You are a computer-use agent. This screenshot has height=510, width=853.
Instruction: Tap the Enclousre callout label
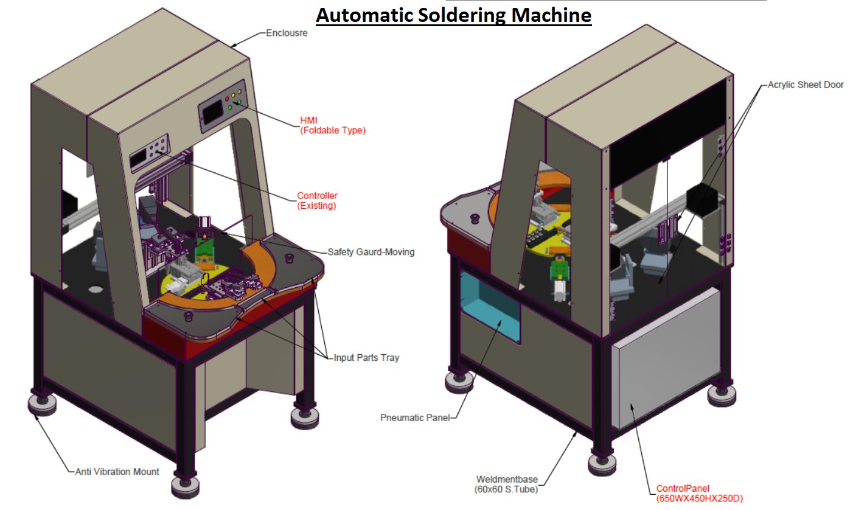point(287,33)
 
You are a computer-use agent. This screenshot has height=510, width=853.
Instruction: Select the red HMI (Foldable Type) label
point(332,125)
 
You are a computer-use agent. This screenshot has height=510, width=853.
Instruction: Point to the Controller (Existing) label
point(317,201)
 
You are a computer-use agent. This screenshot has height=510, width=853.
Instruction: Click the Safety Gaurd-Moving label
point(371,251)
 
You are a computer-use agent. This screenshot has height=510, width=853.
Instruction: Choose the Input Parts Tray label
point(366,357)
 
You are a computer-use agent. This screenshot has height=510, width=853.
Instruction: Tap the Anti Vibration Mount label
point(117,471)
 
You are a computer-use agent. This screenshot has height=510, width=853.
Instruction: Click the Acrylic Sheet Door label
point(805,85)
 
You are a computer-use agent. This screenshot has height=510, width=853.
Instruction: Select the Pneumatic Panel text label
point(416,417)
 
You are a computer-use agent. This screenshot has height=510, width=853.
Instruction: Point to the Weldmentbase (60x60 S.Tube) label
point(506,484)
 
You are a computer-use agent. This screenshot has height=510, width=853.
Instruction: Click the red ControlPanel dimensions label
point(699,494)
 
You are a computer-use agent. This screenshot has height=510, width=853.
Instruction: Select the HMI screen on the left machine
point(212,113)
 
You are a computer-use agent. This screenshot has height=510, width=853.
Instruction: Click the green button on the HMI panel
point(230,108)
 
